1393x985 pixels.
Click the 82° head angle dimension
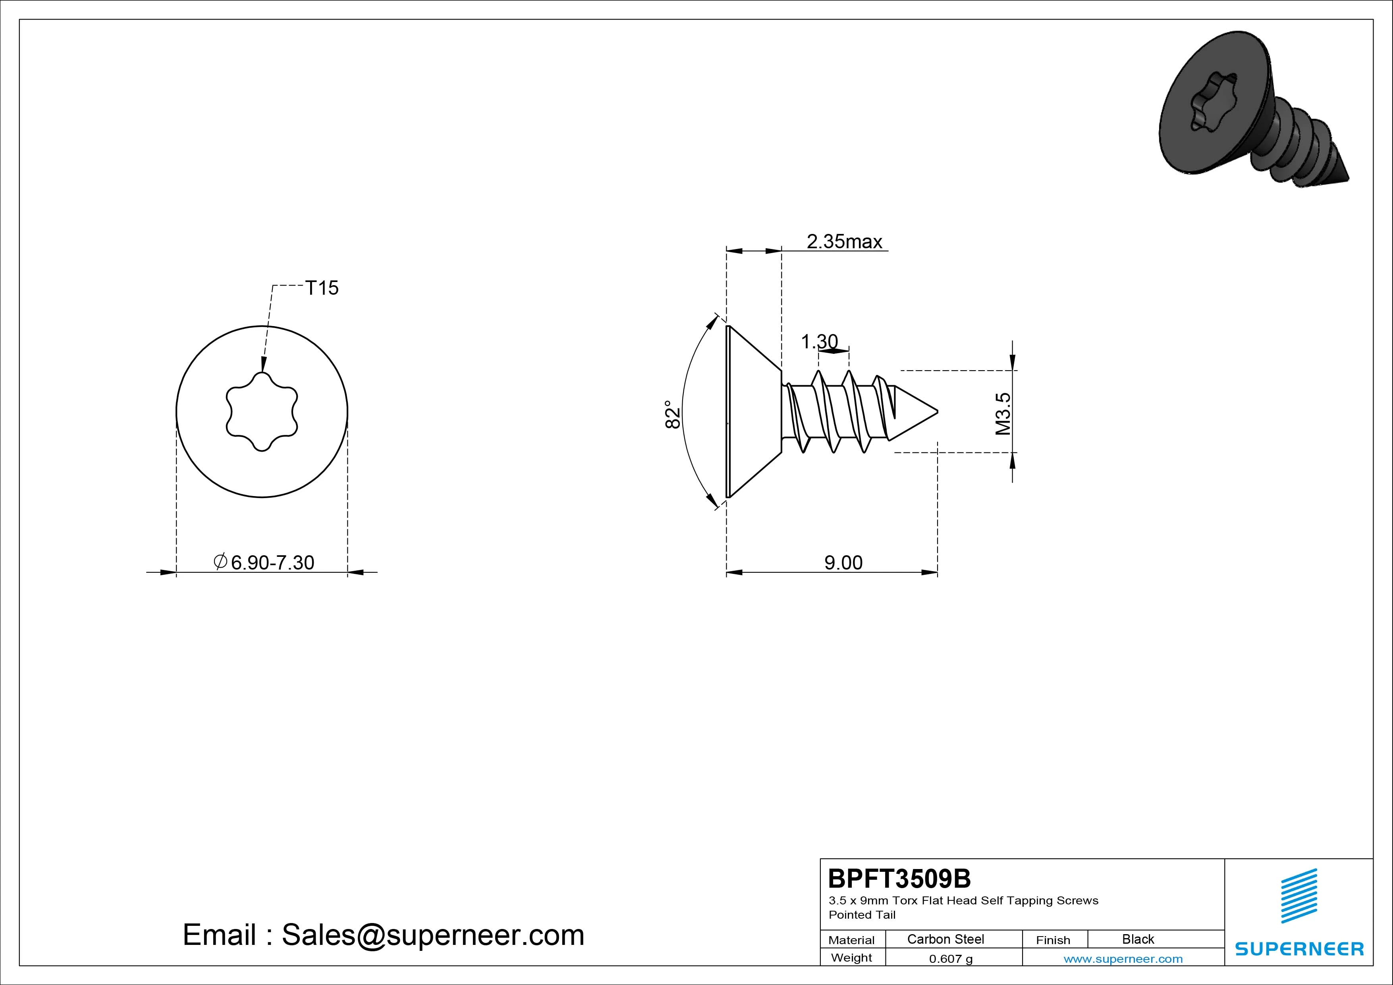point(672,415)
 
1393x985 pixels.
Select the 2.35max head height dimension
point(844,241)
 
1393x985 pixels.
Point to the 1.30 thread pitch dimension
point(819,342)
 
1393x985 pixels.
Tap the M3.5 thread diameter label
point(1003,414)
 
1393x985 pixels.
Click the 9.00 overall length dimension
point(843,562)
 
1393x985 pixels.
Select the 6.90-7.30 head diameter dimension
point(264,562)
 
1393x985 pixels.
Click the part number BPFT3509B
point(899,878)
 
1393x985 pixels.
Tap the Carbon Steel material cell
point(945,939)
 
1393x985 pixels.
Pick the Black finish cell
point(1138,939)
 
